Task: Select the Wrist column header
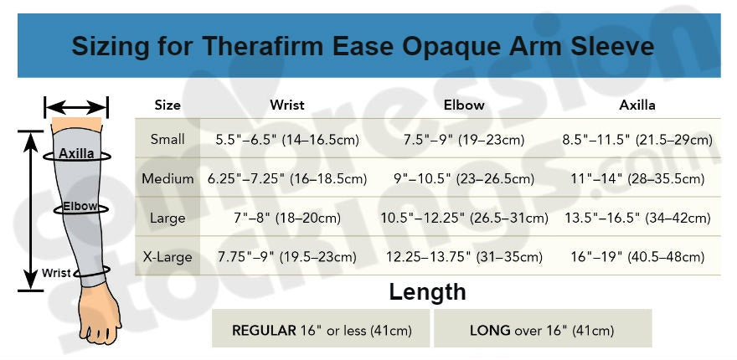point(287,105)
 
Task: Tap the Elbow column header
point(464,105)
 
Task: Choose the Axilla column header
point(636,105)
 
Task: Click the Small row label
point(167,139)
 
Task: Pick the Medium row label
point(167,178)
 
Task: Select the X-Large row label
point(167,257)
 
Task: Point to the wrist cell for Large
point(287,218)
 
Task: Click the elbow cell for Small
point(464,140)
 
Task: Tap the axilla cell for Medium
point(637,179)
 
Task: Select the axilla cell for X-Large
point(637,258)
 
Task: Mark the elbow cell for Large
point(464,218)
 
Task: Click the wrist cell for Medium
point(287,179)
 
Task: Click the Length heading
point(427,292)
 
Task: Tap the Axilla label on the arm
point(76,153)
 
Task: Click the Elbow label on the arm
point(80,206)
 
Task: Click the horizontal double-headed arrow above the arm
point(76,107)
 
